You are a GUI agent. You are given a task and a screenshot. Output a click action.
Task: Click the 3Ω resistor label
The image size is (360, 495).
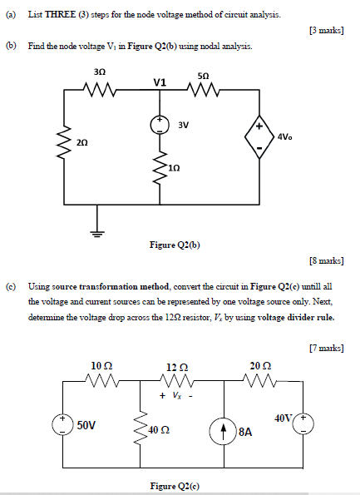(101, 74)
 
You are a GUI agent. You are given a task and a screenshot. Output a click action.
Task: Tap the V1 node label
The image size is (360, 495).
(160, 82)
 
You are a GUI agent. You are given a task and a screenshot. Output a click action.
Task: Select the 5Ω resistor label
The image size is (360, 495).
(205, 75)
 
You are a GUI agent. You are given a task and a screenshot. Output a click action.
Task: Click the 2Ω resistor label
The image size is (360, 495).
(81, 142)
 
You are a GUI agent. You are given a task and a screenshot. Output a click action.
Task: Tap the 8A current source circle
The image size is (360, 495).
(225, 431)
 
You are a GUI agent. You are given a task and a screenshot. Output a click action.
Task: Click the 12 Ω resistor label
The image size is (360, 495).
(176, 366)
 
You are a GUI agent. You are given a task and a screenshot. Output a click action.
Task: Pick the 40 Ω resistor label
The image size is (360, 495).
(158, 429)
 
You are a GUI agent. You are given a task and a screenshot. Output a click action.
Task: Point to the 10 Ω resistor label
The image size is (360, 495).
(101, 364)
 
